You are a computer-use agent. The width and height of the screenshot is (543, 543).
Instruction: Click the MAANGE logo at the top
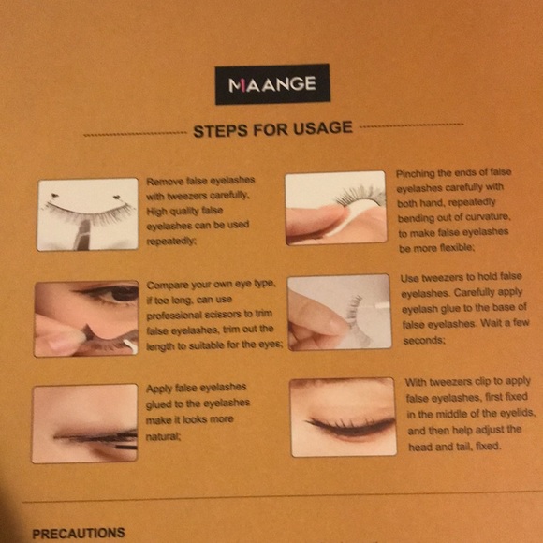click(271, 85)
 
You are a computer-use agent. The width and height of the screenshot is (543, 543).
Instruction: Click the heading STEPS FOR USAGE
click(272, 129)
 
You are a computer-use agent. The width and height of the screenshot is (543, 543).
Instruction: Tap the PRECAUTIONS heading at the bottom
click(78, 533)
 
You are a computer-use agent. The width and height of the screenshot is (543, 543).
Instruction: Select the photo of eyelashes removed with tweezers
click(87, 214)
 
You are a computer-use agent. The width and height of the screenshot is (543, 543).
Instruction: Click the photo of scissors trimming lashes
click(86, 318)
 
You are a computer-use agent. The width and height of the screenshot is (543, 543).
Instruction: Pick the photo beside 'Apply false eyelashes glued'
click(84, 423)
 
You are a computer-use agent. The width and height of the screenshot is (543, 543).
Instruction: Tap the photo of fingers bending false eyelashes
click(335, 207)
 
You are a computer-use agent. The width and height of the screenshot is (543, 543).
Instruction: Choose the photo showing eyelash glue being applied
click(339, 312)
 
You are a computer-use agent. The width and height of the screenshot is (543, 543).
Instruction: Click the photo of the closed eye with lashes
click(342, 417)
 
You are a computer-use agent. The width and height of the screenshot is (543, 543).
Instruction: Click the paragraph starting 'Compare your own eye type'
click(214, 314)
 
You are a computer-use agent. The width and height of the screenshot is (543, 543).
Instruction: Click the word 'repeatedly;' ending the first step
click(173, 241)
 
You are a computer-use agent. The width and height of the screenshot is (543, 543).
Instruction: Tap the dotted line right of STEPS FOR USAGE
click(412, 125)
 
